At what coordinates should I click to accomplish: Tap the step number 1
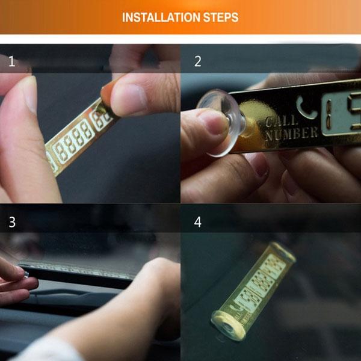(11, 61)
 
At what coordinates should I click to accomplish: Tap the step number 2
(198, 61)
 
